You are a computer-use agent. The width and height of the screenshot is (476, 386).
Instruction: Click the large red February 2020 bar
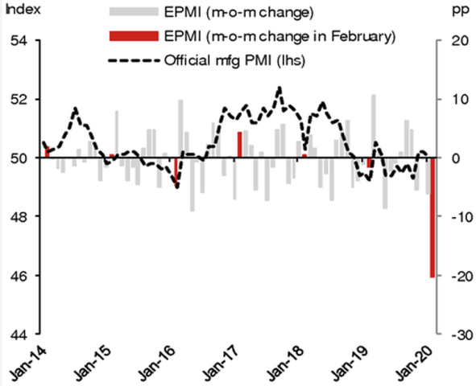tap(432, 218)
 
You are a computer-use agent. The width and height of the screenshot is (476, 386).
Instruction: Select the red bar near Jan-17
tap(240, 145)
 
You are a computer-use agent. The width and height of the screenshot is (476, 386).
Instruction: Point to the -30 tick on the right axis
tap(456, 335)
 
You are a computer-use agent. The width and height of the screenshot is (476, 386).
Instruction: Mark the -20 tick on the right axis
tap(456, 276)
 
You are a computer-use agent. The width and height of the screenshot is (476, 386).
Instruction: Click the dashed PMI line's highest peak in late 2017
tap(279, 88)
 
